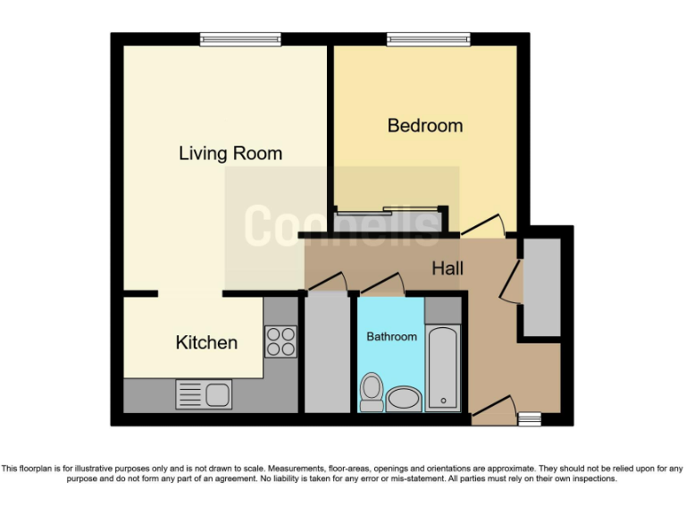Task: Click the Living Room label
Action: (x=230, y=153)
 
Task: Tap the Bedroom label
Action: (x=425, y=125)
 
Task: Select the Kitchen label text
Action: (x=206, y=342)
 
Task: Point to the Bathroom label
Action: (x=391, y=337)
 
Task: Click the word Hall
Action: (x=448, y=267)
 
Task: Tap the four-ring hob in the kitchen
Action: (x=280, y=342)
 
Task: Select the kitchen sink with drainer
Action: (x=204, y=393)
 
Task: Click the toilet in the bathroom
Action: (x=371, y=391)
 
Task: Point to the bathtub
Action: (x=442, y=368)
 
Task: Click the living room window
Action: (x=240, y=39)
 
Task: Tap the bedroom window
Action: (x=428, y=39)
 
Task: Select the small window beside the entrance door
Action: (x=530, y=418)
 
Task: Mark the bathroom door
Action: (x=383, y=284)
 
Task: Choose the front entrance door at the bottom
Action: (x=493, y=409)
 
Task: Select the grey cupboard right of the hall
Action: (x=541, y=287)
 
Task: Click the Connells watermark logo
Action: (x=342, y=225)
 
